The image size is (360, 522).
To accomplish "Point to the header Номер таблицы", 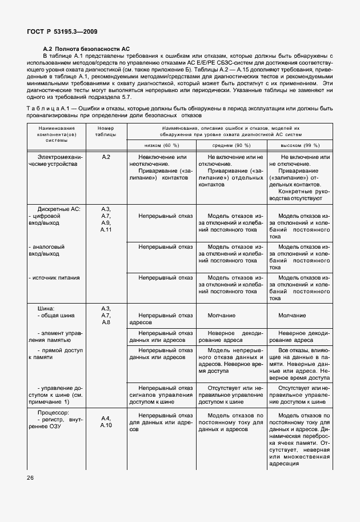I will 106,132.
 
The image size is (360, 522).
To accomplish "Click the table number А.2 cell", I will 106,157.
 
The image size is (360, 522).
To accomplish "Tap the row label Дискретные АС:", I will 59,209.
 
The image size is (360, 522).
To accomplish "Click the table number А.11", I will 106,229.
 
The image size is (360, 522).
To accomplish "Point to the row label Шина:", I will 46,308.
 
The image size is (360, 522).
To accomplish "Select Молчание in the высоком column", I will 291,315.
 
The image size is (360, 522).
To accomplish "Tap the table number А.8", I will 106,322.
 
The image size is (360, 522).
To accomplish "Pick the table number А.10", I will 106,425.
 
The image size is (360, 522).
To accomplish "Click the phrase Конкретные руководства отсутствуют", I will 300,195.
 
